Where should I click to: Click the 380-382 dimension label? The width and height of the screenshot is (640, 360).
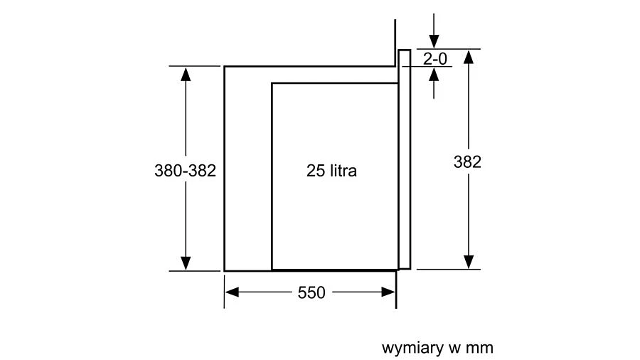point(185,171)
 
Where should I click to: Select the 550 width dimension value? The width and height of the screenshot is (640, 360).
point(311,292)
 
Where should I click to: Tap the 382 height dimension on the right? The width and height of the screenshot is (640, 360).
point(467,162)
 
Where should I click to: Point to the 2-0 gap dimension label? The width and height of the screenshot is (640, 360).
point(435,59)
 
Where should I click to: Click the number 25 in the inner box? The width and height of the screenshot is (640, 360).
point(316,171)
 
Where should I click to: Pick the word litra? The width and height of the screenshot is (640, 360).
point(343,171)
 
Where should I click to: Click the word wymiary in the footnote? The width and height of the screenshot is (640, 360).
point(412,349)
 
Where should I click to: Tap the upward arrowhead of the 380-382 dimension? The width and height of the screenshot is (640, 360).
point(186,74)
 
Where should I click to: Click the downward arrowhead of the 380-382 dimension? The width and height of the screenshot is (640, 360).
point(186,263)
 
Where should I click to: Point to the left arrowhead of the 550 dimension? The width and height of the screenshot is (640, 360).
point(232,292)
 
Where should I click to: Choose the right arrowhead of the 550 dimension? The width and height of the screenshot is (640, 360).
point(388,292)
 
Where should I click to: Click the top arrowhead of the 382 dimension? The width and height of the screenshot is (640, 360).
point(469,57)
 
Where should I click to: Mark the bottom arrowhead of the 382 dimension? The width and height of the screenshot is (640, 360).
point(469,262)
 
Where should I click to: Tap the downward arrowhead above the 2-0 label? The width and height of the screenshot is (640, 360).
point(434,41)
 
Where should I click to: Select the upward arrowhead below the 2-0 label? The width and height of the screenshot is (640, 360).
point(434,74)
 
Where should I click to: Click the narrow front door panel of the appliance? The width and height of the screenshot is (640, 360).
point(405,159)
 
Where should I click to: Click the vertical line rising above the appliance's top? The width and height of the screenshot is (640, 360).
point(395,43)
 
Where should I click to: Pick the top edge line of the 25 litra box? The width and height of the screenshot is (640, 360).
point(335,83)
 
